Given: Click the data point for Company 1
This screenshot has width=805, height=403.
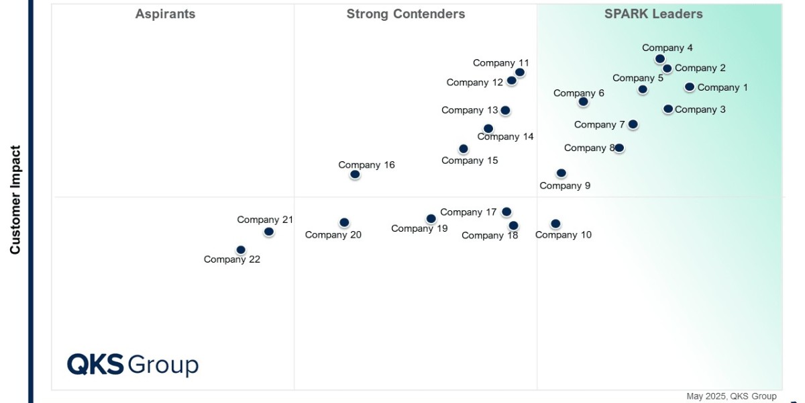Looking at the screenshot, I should click(689, 87).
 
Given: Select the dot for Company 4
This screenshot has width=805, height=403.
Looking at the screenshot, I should click(660, 59).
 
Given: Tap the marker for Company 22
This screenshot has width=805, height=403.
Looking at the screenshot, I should click(241, 250).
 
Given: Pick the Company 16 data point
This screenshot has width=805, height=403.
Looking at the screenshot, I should click(355, 175).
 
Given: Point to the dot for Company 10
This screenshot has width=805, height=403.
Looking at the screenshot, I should click(555, 224).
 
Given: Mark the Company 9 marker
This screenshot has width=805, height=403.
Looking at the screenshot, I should click(561, 173).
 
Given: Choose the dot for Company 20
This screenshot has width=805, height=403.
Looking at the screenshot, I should click(344, 222).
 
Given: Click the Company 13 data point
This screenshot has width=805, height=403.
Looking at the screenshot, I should click(505, 110).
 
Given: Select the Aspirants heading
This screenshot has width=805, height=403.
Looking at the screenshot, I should click(165, 14).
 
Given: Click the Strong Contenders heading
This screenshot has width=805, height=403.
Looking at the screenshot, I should click(405, 14).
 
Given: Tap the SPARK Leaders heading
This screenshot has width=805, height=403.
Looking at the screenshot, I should click(653, 14).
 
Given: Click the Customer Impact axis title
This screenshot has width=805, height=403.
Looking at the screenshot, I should click(15, 200).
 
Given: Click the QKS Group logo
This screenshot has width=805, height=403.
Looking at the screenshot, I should click(133, 365).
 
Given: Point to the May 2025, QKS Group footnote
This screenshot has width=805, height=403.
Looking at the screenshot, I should click(731, 396).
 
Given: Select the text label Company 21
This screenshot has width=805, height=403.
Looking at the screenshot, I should click(265, 220).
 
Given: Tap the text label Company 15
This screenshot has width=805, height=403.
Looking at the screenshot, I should click(470, 161).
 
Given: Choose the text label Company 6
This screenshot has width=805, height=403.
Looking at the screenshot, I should click(578, 93).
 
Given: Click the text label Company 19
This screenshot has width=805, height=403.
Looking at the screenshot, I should click(419, 228).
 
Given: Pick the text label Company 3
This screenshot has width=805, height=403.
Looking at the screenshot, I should click(700, 109).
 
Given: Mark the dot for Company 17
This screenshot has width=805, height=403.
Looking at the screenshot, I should click(506, 212).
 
